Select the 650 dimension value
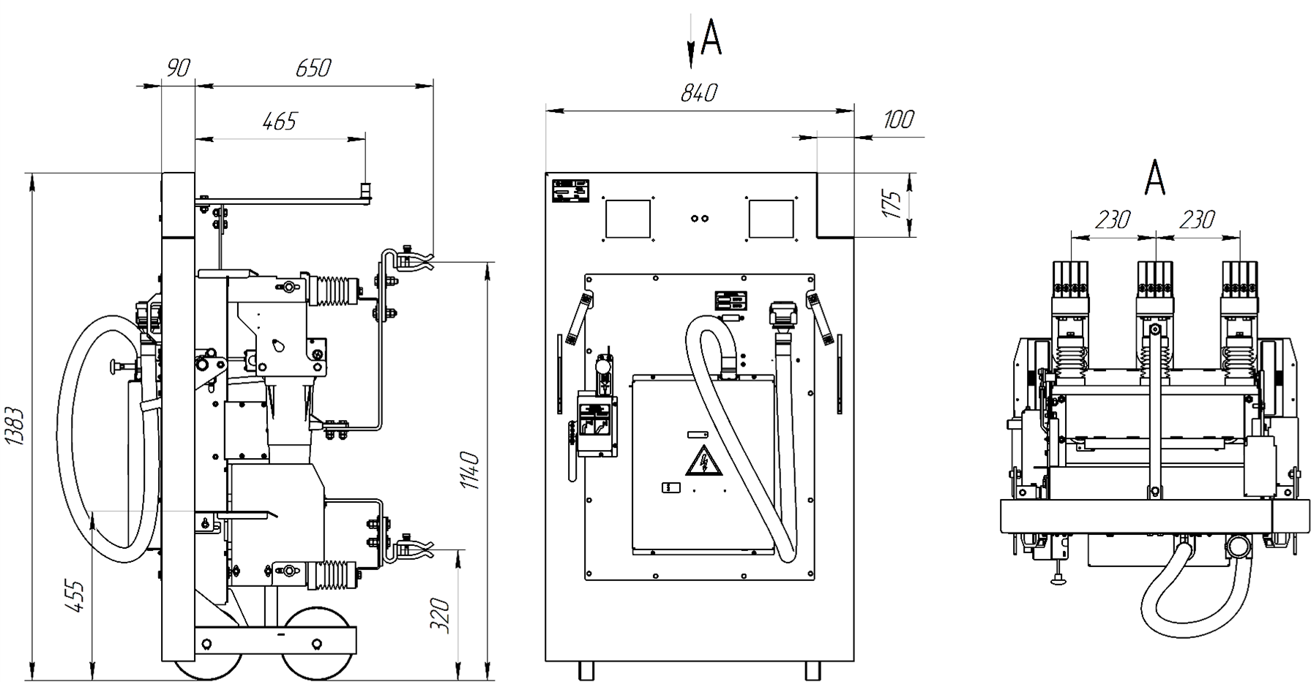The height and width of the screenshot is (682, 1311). pos(313,68)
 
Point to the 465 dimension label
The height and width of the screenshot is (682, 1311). pos(279,121)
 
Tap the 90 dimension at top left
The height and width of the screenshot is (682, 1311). pos(178,69)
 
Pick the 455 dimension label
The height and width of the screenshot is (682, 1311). pos(77,596)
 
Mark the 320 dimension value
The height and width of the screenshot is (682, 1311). pos(439,616)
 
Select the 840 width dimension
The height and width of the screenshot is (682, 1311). pos(699,93)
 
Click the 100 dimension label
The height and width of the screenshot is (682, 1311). pos(898,119)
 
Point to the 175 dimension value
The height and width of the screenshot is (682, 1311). pos(890,204)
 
